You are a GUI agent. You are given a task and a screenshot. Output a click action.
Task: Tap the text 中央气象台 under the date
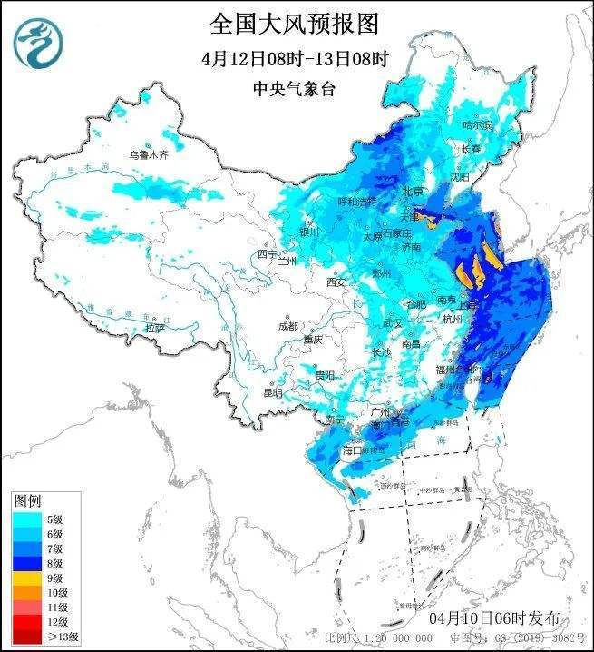click(x=296, y=89)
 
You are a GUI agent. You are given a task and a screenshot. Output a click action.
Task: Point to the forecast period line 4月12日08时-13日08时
click(x=296, y=59)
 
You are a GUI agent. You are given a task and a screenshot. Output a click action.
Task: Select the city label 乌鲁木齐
click(x=148, y=155)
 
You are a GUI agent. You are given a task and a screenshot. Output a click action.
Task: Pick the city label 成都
click(x=287, y=325)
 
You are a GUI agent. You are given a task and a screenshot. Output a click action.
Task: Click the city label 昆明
click(x=272, y=392)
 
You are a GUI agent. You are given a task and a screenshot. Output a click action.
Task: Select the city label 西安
click(x=336, y=282)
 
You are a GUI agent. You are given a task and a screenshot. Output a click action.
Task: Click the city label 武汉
click(x=392, y=322)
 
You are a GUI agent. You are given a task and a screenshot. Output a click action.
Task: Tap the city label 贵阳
click(x=325, y=374)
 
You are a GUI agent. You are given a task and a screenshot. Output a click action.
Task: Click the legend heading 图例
click(x=27, y=501)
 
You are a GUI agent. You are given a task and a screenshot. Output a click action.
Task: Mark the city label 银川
click(x=309, y=232)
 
